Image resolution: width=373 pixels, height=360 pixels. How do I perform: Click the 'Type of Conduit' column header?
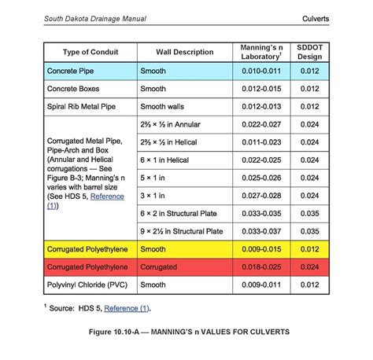(x=90, y=53)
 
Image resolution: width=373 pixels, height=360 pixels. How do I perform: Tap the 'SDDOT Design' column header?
(x=309, y=53)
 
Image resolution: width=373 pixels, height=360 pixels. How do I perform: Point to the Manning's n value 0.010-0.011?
(x=261, y=72)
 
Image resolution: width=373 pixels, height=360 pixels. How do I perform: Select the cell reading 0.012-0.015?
(x=261, y=89)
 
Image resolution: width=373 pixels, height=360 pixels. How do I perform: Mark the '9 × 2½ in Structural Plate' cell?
(x=182, y=231)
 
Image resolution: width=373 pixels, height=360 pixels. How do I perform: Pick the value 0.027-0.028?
(x=261, y=196)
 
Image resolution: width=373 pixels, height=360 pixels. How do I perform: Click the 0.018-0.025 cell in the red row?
(x=261, y=267)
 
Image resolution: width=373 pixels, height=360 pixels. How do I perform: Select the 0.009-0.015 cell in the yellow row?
(x=261, y=249)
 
